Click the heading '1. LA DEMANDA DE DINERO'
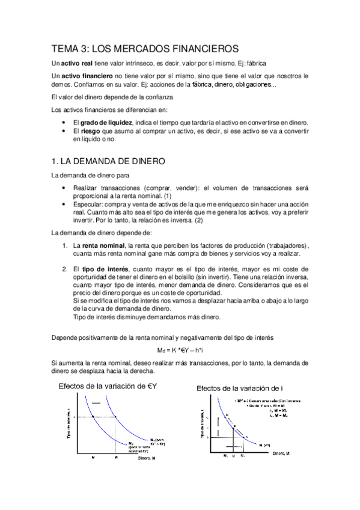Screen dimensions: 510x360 (x=104, y=162)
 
